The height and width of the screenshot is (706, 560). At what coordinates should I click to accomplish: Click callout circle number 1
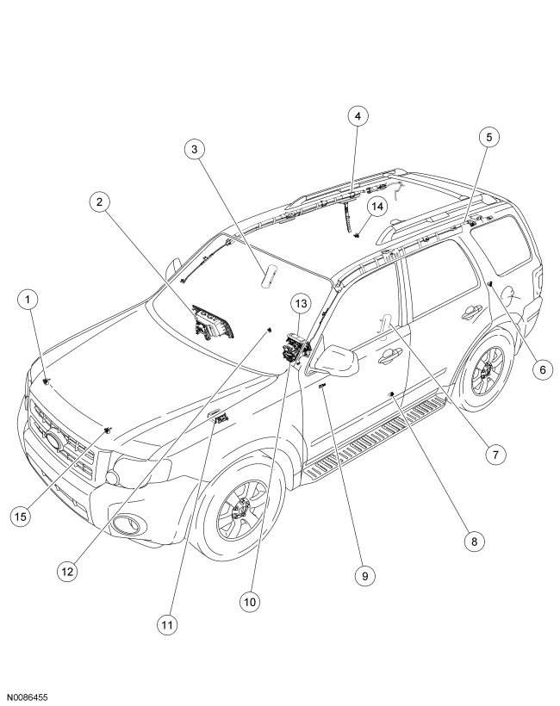click(x=29, y=300)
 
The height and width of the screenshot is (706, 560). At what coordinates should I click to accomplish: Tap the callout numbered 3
click(x=196, y=149)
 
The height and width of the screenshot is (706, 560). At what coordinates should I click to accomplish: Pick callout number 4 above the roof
click(x=358, y=115)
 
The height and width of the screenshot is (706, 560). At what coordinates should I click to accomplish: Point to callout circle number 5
click(x=488, y=136)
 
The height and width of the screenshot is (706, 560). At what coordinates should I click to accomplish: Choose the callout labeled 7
click(x=494, y=455)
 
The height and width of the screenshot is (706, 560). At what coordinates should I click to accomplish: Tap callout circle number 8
click(x=471, y=542)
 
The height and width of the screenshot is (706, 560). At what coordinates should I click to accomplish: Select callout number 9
click(x=364, y=576)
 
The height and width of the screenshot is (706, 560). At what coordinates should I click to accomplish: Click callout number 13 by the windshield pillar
click(x=299, y=303)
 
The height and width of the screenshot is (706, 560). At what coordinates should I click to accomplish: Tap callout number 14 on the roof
click(x=376, y=206)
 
